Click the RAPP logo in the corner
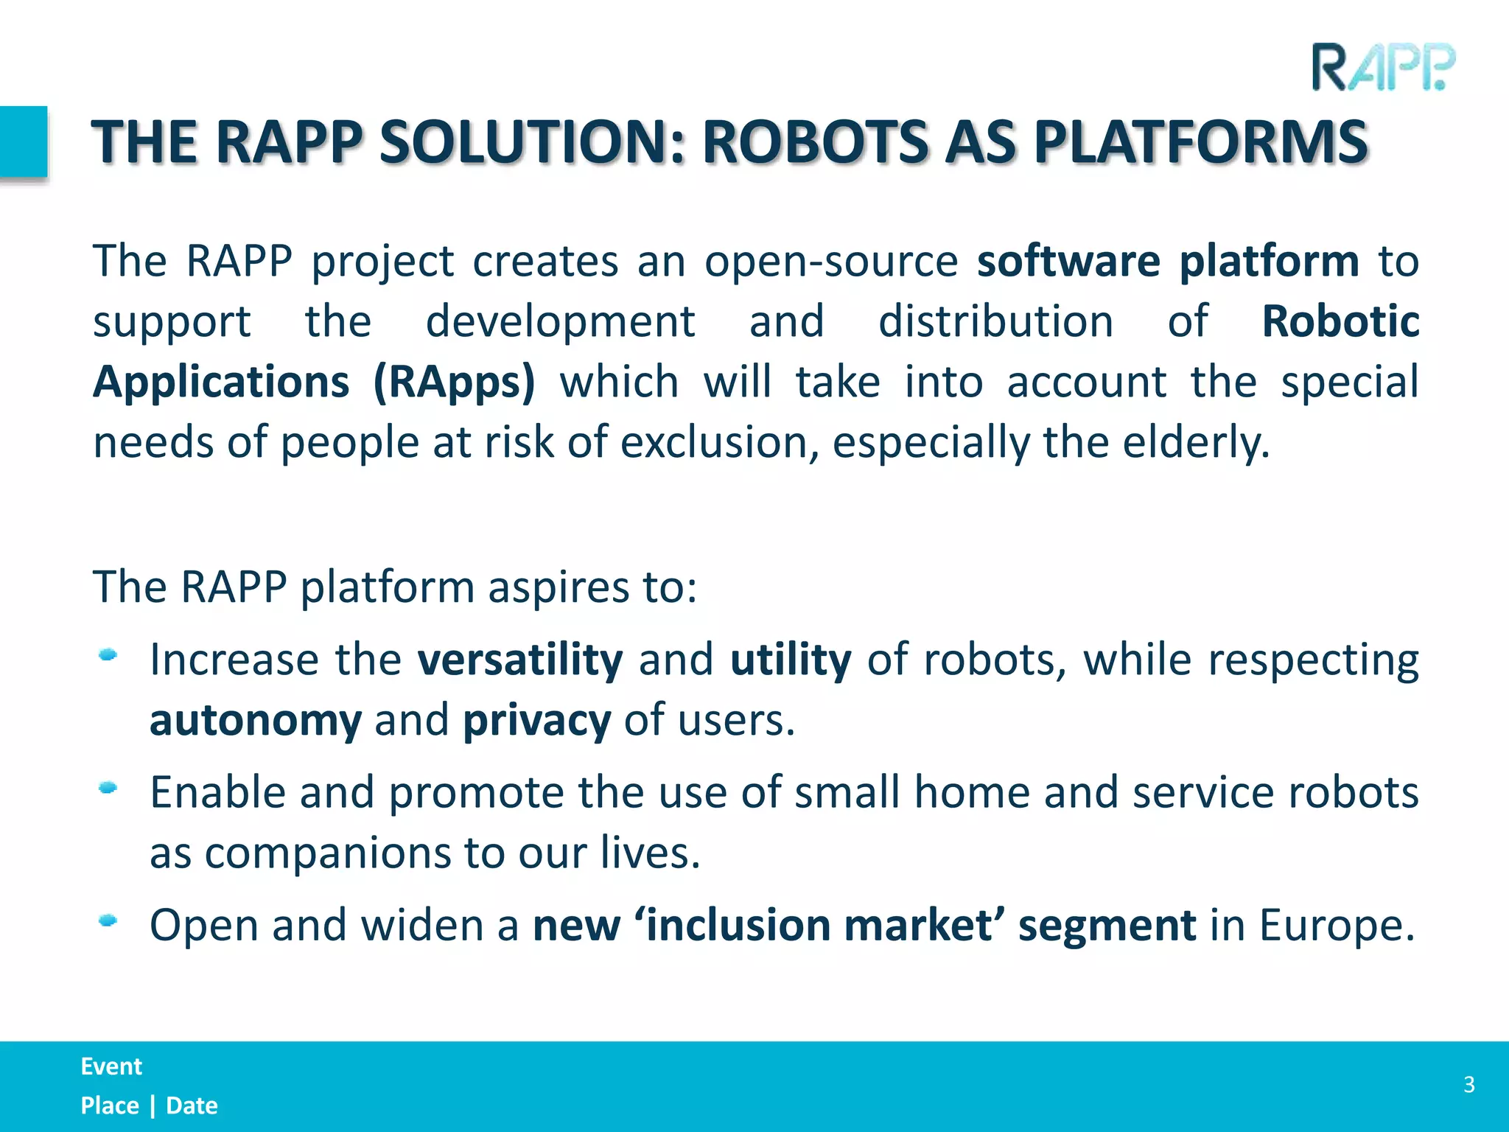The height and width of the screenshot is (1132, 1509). [x=1383, y=68]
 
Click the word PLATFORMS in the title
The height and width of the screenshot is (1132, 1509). [x=1200, y=142]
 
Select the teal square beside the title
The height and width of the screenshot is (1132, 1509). [x=24, y=142]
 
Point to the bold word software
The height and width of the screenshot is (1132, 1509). [x=1068, y=261]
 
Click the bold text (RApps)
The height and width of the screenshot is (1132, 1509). [x=454, y=382]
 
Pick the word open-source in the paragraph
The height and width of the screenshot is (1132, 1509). [x=830, y=262]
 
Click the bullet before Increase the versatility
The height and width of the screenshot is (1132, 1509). [x=108, y=654]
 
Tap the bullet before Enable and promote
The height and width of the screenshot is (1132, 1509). [x=108, y=788]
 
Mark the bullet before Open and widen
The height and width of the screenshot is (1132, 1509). [x=108, y=920]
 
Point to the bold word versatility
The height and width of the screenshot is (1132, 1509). [x=520, y=660]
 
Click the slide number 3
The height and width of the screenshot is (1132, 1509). [x=1468, y=1085]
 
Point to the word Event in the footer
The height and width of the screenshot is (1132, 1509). [x=111, y=1066]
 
